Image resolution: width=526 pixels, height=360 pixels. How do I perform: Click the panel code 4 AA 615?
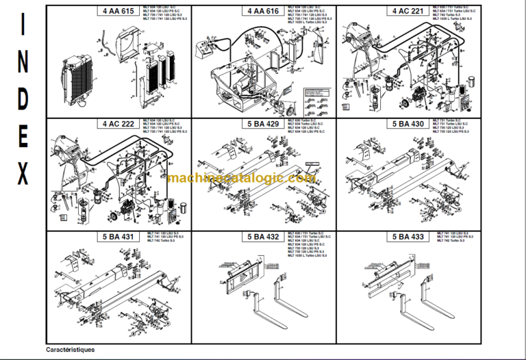click(118, 11)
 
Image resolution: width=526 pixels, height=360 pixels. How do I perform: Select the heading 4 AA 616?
click(264, 11)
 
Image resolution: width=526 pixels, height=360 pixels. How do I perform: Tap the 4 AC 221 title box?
click(409, 11)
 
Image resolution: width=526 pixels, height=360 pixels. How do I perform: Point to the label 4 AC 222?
click(118, 124)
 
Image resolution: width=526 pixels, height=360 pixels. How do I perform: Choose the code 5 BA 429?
click(264, 124)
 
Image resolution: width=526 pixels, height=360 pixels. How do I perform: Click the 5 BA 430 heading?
click(409, 124)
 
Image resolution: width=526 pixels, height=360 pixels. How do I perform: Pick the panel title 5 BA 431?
click(118, 237)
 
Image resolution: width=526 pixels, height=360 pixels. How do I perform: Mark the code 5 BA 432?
click(264, 237)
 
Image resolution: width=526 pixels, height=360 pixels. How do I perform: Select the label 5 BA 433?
click(409, 237)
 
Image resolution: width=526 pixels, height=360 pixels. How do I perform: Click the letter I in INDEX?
click(23, 25)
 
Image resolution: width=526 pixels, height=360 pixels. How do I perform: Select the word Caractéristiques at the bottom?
click(71, 349)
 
